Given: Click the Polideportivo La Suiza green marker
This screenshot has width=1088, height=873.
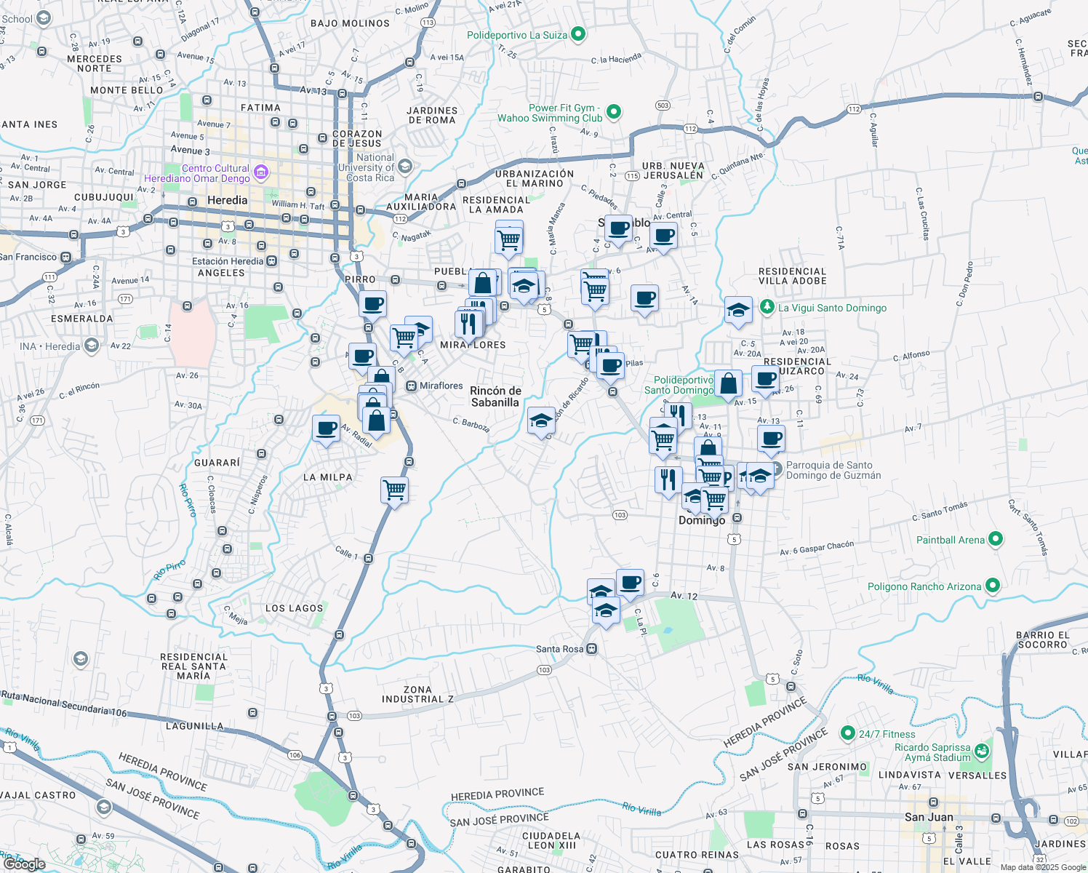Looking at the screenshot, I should pos(578,33).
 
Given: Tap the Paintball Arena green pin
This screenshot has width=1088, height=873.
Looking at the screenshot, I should pos(996,539).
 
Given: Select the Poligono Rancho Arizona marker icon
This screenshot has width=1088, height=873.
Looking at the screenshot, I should pos(993,586).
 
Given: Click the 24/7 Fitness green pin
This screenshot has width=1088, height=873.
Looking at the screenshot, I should pos(847,733).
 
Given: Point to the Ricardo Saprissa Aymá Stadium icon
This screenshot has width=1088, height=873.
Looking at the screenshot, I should pos(982,750).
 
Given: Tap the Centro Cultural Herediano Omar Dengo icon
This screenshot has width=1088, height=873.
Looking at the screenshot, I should pos(261,173).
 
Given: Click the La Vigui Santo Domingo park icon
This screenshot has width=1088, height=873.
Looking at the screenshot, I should pos(767,307).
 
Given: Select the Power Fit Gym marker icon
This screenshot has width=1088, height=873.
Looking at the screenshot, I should pos(614,112).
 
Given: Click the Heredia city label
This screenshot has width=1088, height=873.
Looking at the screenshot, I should pos(227,200).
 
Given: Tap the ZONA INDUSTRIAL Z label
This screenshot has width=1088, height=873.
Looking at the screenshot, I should pos(417,694).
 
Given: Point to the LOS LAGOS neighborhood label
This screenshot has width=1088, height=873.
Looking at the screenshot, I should pos(294,608).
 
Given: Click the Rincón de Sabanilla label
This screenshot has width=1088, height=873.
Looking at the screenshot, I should pos(495,396).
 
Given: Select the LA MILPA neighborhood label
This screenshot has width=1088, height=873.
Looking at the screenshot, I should pos(327,477).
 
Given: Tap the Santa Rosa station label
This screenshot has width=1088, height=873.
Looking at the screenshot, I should pos(560,649).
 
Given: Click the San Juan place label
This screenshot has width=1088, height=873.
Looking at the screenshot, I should pos(929,817).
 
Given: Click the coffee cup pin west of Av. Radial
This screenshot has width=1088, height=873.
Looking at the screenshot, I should pos(327,428).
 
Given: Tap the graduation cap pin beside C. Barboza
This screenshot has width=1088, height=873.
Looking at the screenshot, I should pos(541,420).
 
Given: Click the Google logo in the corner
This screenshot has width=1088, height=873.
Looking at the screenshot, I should pos(24,864).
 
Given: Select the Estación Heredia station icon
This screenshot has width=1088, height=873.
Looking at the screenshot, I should pos(271,261).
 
